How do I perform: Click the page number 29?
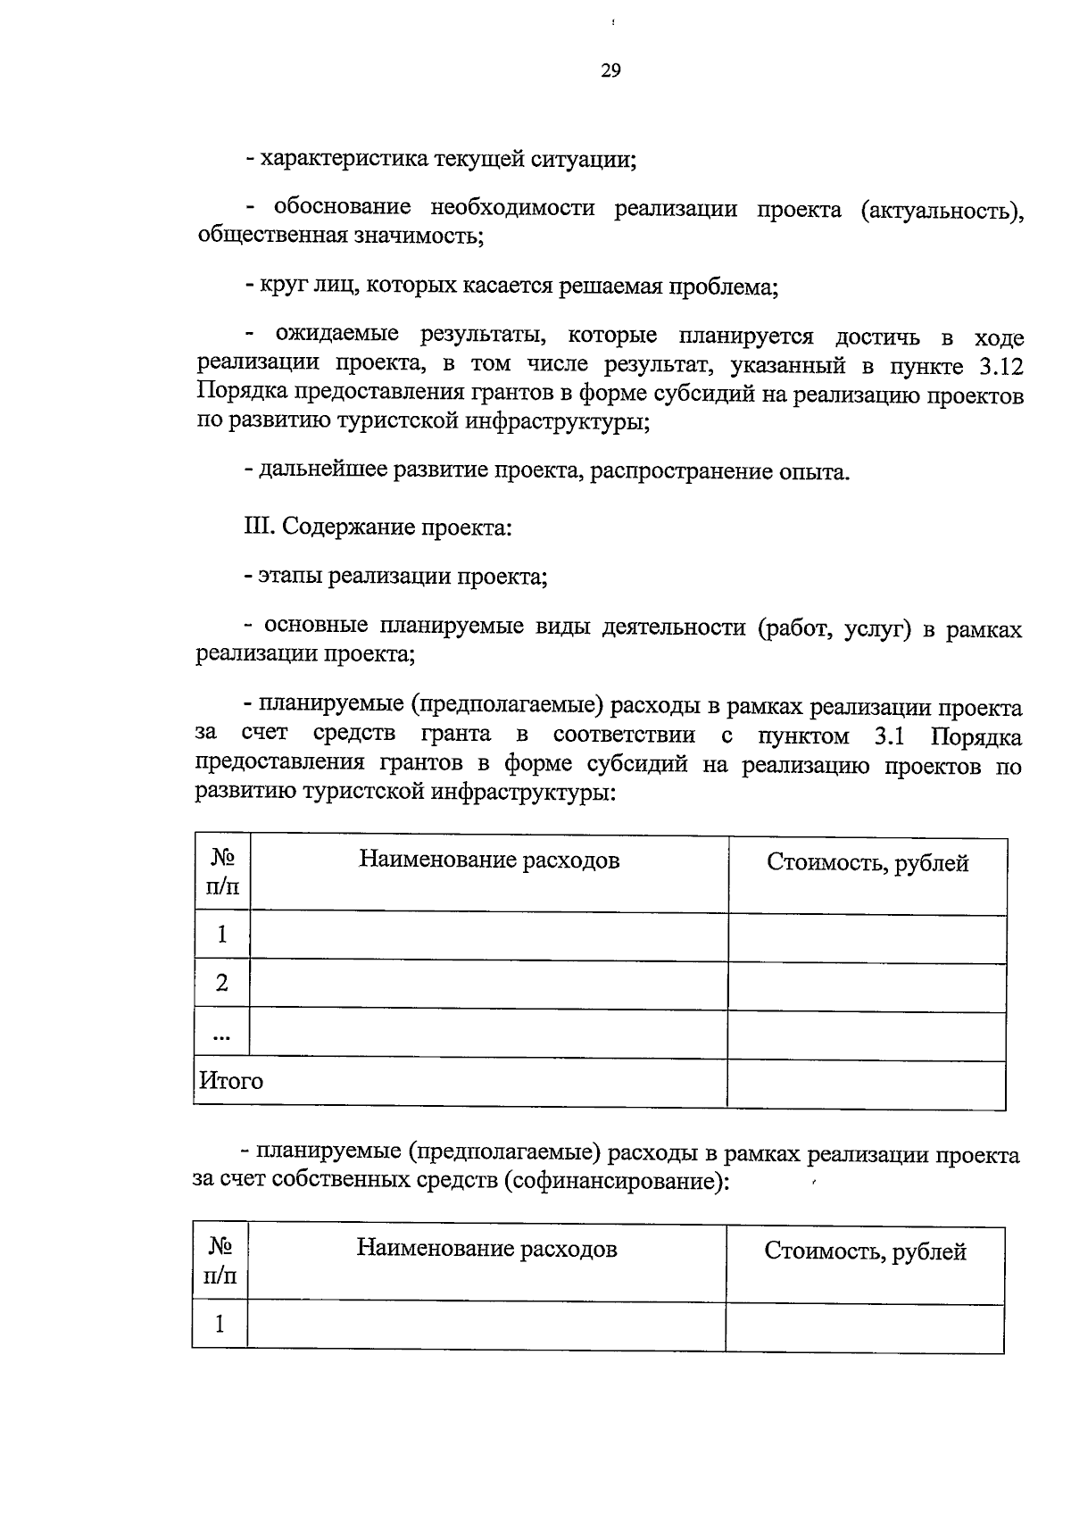pos(610,71)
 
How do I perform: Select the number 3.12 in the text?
pos(996,367)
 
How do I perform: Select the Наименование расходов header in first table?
pos(489,860)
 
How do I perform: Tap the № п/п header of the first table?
pos(222,873)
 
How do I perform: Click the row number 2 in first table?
pos(222,983)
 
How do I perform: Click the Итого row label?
pos(231,1081)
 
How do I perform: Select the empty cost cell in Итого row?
pos(867,1084)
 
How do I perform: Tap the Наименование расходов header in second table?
pos(486,1248)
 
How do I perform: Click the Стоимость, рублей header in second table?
pos(865,1252)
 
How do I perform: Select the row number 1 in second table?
pos(220,1323)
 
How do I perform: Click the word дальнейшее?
pos(323,470)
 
